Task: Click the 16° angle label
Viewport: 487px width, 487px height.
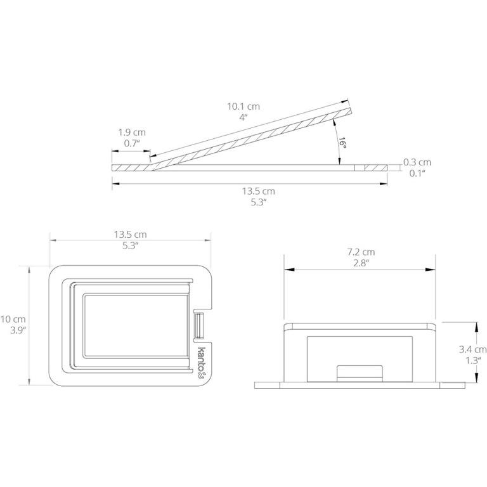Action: pyautogui.click(x=342, y=142)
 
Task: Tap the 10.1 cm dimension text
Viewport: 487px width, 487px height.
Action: pyautogui.click(x=243, y=107)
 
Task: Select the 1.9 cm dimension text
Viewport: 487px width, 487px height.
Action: pyautogui.click(x=132, y=133)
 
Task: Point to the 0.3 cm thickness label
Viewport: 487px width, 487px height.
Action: pyautogui.click(x=417, y=162)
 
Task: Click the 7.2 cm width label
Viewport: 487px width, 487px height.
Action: pyautogui.click(x=361, y=252)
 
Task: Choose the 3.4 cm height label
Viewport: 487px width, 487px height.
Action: pyautogui.click(x=472, y=349)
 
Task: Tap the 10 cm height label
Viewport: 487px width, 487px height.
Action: pyautogui.click(x=13, y=319)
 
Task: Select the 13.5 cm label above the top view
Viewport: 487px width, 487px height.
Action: pyautogui.click(x=130, y=235)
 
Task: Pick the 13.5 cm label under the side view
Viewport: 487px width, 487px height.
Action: pyautogui.click(x=259, y=191)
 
